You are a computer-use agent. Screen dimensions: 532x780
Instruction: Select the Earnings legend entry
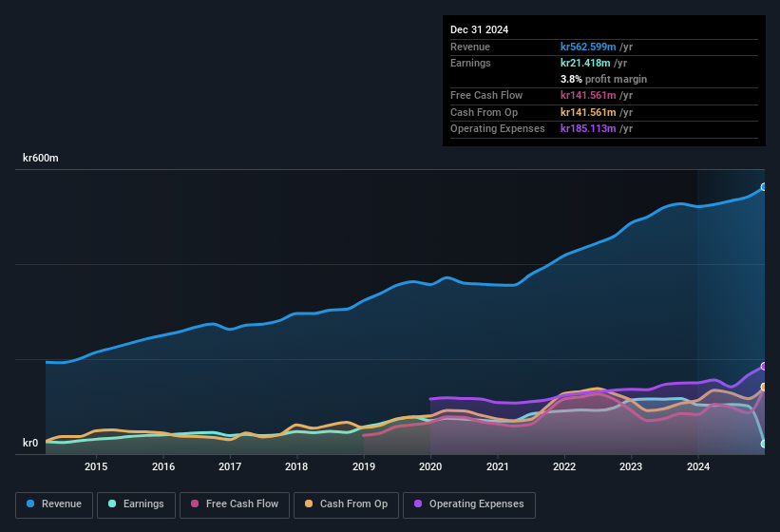coord(136,504)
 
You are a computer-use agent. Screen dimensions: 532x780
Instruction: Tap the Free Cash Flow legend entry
coord(234,504)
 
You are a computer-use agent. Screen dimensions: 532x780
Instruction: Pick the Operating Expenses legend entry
coord(469,504)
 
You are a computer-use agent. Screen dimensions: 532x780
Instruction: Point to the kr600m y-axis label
coord(41,159)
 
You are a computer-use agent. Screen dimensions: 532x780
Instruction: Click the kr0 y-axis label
coord(30,443)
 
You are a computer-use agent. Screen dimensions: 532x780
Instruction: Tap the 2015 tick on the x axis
coord(96,466)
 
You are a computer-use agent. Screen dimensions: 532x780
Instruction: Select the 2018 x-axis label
coord(296,466)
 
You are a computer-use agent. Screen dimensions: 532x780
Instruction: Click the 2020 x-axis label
coord(430,466)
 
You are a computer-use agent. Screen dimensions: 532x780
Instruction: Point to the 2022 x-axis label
coord(564,466)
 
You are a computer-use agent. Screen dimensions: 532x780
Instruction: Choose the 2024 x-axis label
coord(698,466)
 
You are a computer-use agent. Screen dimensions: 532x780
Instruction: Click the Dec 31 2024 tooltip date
coord(479,29)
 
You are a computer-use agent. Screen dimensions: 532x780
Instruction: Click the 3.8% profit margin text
coord(603,79)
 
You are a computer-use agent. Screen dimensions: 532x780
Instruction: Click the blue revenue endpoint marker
coord(764,187)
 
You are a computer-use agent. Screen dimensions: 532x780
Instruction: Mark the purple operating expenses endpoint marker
coord(764,367)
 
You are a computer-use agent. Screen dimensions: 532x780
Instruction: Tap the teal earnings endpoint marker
coord(764,444)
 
